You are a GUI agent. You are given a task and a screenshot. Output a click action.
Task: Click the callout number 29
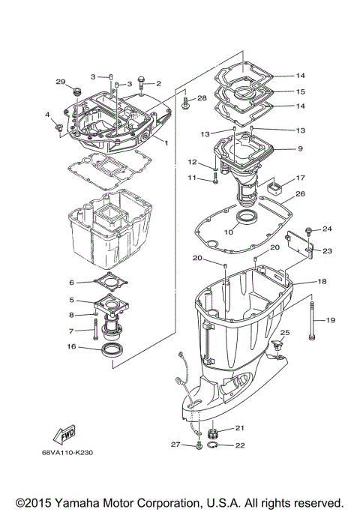tap(61, 81)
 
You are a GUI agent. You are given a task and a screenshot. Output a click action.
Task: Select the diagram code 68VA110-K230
tap(68, 452)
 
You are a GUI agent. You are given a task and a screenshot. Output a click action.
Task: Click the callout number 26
tap(300, 194)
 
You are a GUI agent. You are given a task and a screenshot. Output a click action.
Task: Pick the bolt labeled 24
tap(309, 229)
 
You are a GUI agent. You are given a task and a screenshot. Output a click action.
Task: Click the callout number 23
tap(328, 251)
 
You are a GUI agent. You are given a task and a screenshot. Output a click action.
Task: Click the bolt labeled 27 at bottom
tap(198, 446)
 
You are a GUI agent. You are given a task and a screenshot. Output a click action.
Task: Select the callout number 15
tap(300, 91)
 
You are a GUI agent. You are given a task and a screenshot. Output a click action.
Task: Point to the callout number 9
tap(300, 149)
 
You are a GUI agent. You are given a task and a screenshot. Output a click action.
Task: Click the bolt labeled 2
tap(142, 85)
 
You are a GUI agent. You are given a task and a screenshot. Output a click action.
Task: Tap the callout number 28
tap(202, 99)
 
